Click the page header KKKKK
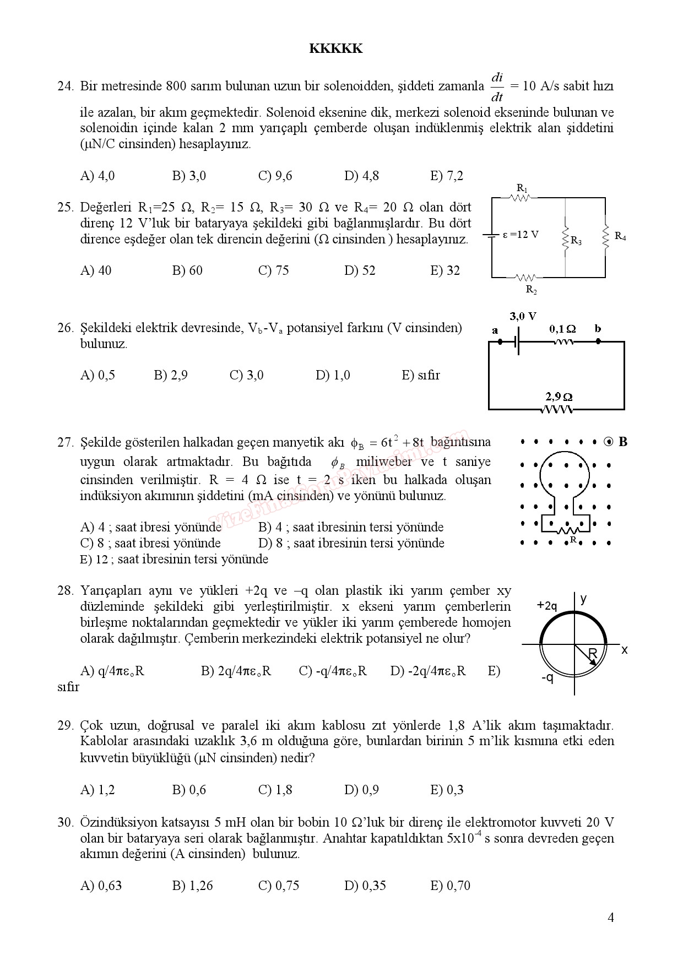click(x=336, y=48)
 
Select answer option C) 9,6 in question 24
click(x=275, y=176)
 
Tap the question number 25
click(x=65, y=207)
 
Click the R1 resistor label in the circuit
click(x=522, y=188)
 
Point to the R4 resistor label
click(x=620, y=236)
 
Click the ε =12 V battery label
click(x=521, y=235)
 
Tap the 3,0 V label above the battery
click(x=523, y=316)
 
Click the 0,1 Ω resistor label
click(x=562, y=329)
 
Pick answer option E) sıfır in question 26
click(x=421, y=375)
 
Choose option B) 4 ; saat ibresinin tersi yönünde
click(x=351, y=527)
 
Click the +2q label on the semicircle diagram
click(x=547, y=606)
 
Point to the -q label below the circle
click(x=547, y=677)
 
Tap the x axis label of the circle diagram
click(x=624, y=650)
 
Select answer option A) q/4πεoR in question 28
click(x=112, y=671)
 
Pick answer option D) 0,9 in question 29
click(x=361, y=790)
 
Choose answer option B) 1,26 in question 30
click(x=192, y=886)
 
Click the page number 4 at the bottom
click(x=610, y=917)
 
